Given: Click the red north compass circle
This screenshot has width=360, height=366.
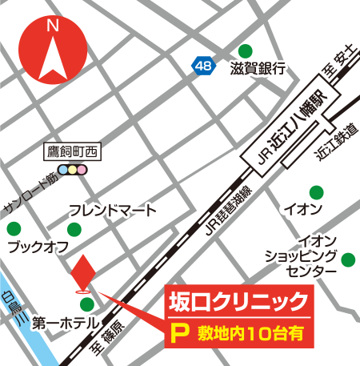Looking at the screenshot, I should (x=54, y=50).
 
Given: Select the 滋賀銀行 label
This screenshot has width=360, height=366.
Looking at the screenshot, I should (x=258, y=69).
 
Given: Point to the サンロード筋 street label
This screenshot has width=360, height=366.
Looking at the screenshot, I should (x=30, y=191).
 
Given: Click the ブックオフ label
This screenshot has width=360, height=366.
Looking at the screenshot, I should (x=37, y=247).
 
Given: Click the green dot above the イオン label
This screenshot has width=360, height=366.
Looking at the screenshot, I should (x=318, y=192).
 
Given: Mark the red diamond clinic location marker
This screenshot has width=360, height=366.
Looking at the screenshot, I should (x=82, y=273).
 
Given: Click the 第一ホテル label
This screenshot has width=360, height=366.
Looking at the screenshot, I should (x=65, y=324).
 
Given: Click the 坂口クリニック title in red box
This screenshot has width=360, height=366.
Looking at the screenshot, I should (x=237, y=301).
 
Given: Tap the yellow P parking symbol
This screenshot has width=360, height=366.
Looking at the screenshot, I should (x=182, y=332).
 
